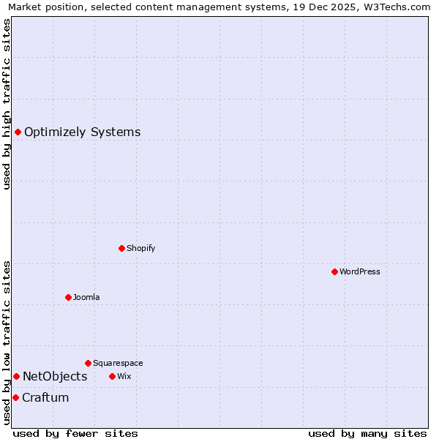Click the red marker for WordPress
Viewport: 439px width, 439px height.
(x=334, y=271)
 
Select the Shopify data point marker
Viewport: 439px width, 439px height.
(x=121, y=248)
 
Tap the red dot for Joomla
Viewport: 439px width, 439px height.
(x=68, y=297)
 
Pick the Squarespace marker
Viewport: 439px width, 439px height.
(x=88, y=363)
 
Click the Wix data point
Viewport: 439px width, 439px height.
(x=112, y=376)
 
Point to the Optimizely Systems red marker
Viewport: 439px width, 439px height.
(x=18, y=132)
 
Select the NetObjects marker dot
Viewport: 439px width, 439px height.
(x=16, y=376)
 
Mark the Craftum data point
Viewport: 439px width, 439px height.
(x=15, y=397)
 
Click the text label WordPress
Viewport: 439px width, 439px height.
(x=359, y=271)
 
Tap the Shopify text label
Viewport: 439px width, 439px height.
(x=140, y=248)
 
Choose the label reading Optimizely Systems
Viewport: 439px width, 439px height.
(x=82, y=132)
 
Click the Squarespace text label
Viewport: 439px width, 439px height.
(x=118, y=363)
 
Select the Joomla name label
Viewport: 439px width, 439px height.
(x=86, y=297)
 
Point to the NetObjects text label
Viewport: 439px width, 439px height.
(x=55, y=376)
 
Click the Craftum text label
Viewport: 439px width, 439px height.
(x=45, y=397)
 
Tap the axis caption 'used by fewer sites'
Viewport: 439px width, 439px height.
(x=75, y=433)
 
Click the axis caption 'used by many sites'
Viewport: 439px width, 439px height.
(x=367, y=433)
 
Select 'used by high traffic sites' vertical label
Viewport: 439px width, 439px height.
(x=7, y=104)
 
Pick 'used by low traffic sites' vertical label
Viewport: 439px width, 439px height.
(x=7, y=342)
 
